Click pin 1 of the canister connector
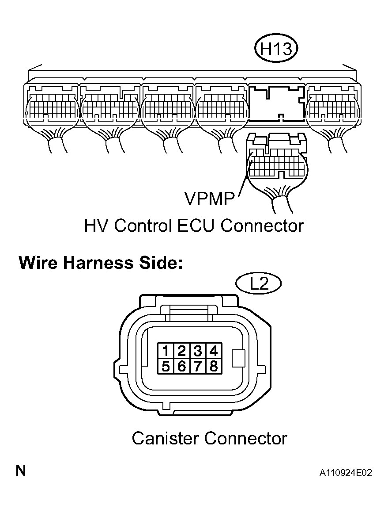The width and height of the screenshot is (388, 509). [x=166, y=351]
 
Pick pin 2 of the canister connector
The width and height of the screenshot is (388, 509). [x=181, y=351]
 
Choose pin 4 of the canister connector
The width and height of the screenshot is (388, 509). [x=213, y=351]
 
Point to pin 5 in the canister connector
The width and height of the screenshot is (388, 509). [x=166, y=366]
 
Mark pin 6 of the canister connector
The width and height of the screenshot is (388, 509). [x=181, y=366]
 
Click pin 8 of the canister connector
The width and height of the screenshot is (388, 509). [x=213, y=366]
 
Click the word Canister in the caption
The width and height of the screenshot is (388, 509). [x=166, y=438]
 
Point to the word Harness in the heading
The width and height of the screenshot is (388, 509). [x=98, y=263]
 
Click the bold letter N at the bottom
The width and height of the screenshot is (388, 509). [x=21, y=471]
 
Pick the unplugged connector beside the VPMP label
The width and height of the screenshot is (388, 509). [x=276, y=158]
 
